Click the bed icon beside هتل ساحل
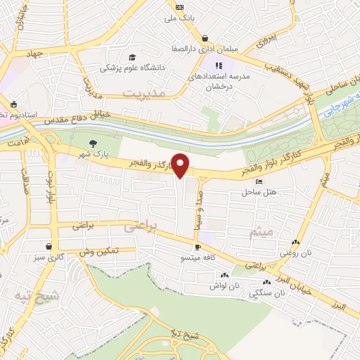(259, 182)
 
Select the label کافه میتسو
(199, 257)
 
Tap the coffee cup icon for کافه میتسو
(198, 247)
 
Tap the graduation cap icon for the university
(131, 58)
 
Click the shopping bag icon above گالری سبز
(48, 247)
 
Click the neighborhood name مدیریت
(143, 93)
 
